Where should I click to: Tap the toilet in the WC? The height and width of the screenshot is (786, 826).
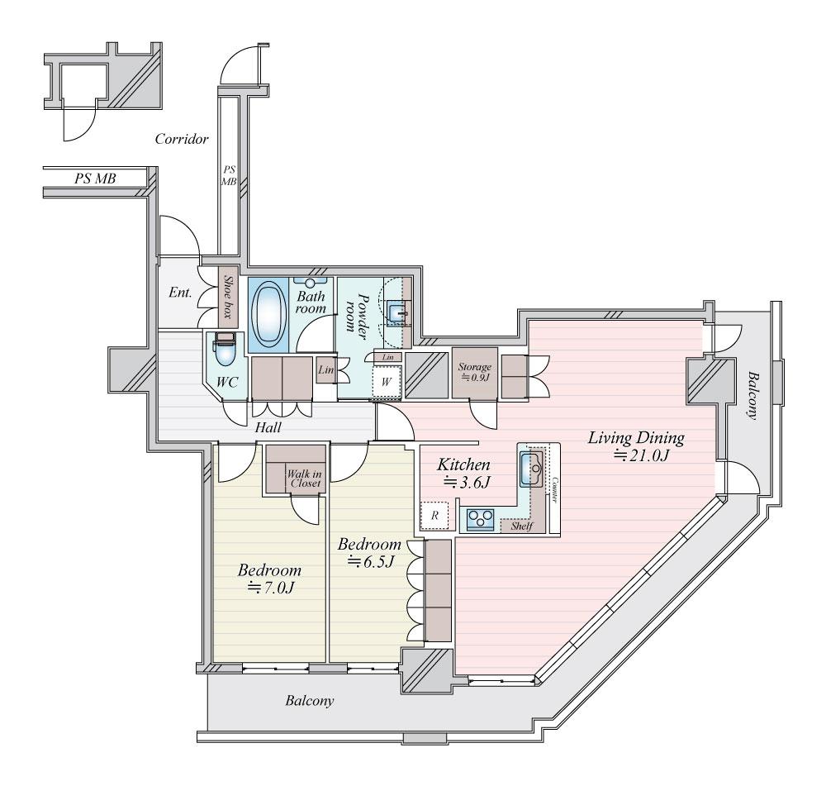[224, 349]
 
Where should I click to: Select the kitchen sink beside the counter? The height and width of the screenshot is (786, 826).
[531, 468]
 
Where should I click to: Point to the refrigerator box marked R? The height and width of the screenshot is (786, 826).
[434, 515]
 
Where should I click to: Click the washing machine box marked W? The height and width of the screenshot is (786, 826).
[387, 381]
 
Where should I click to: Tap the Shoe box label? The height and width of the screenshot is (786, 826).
[228, 296]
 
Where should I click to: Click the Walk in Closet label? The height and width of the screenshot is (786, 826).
[303, 479]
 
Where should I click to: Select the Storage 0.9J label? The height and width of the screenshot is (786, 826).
[474, 372]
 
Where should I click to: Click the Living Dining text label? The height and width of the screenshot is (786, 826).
[636, 437]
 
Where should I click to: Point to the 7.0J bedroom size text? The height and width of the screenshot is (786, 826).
[271, 587]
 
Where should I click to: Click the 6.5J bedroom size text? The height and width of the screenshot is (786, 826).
[371, 561]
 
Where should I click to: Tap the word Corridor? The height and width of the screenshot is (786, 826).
[182, 139]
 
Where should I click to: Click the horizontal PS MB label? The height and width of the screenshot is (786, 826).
[95, 179]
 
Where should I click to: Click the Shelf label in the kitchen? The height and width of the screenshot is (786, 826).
[521, 526]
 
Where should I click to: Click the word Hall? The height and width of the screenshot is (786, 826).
[268, 427]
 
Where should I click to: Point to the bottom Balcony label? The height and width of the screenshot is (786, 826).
[310, 701]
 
